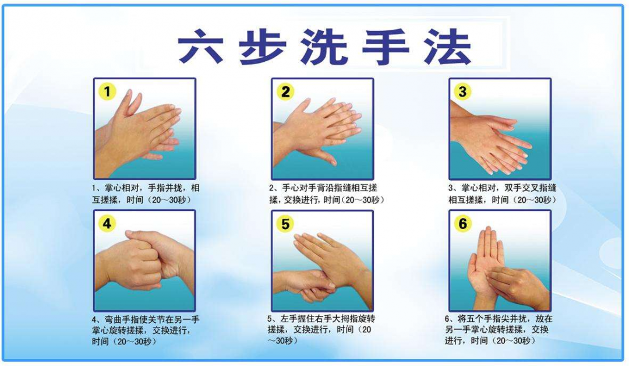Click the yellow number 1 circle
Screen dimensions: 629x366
click(x=107, y=92)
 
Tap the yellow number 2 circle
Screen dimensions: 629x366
click(x=285, y=92)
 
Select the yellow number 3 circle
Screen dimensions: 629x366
click(x=462, y=92)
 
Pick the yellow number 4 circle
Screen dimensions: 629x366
click(x=107, y=224)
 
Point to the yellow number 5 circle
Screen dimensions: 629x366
click(x=285, y=224)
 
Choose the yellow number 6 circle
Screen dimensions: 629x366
click(x=462, y=224)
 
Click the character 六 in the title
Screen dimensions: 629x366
click(x=200, y=46)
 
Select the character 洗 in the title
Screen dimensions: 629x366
click(x=324, y=46)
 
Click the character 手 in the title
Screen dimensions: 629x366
click(x=386, y=46)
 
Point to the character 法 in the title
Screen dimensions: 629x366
click(x=447, y=46)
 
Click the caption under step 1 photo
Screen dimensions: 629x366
click(x=146, y=193)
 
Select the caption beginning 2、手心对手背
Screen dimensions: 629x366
click(x=327, y=193)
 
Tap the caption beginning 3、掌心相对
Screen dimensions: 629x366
click(x=502, y=193)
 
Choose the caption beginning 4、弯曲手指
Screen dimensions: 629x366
click(x=146, y=330)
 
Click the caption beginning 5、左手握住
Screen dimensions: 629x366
click(x=321, y=329)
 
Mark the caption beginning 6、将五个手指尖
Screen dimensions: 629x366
click(x=499, y=329)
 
